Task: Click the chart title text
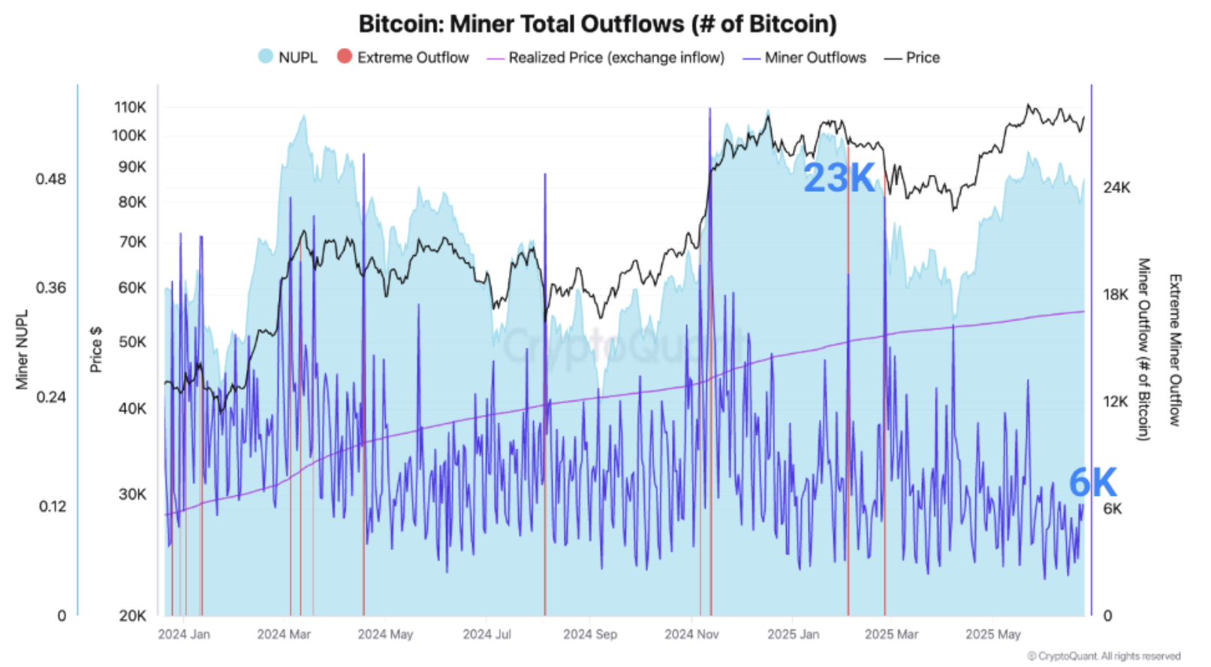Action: click(x=597, y=24)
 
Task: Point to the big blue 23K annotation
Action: click(x=839, y=179)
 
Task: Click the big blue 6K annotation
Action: click(x=1092, y=482)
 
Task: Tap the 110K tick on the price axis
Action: click(x=130, y=107)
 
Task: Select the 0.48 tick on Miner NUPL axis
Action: click(x=51, y=179)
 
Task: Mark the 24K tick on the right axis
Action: click(x=1116, y=188)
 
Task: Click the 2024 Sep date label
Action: click(x=590, y=635)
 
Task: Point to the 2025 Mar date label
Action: click(x=891, y=635)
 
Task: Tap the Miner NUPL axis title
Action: click(x=22, y=350)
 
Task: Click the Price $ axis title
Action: click(x=95, y=350)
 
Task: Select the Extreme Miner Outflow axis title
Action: click(x=1175, y=350)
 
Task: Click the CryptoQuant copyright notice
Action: click(x=1104, y=656)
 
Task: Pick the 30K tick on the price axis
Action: click(x=132, y=494)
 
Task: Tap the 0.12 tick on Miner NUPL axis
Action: click(x=53, y=506)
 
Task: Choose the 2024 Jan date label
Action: click(x=184, y=635)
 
